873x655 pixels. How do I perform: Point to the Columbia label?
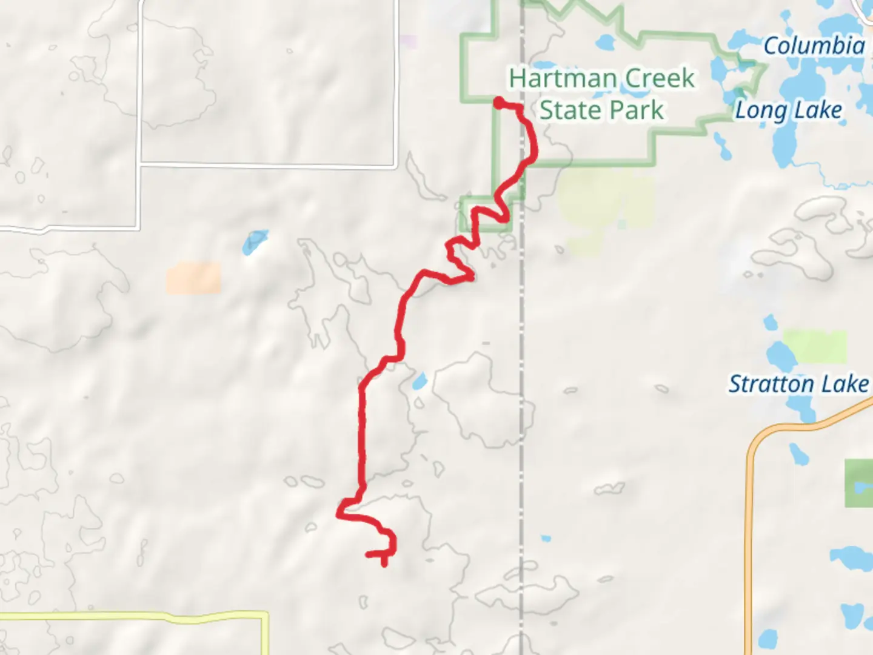click(x=814, y=46)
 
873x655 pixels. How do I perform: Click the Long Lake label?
click(x=788, y=110)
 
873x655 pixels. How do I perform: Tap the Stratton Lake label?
click(x=798, y=384)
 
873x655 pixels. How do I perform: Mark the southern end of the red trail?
click(x=384, y=563)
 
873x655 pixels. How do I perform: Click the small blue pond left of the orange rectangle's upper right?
click(x=255, y=242)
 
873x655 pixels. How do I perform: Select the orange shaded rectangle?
click(x=194, y=278)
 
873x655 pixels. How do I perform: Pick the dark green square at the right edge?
click(x=858, y=483)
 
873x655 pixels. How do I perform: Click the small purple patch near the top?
click(x=409, y=42)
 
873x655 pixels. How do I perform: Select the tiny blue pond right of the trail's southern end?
click(x=546, y=538)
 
